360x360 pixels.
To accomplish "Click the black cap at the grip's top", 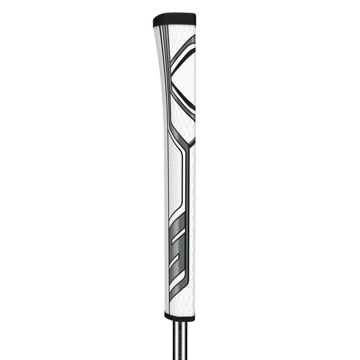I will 174,20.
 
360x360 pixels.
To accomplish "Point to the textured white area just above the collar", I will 180,303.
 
